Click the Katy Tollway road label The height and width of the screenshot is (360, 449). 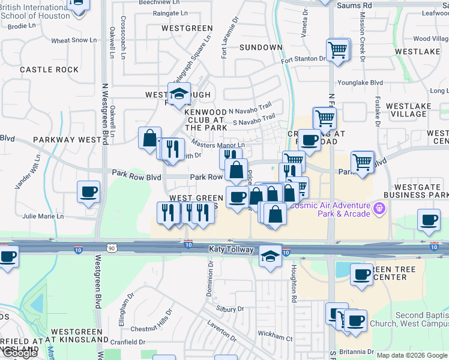[233, 248]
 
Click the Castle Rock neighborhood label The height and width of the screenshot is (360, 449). [49, 70]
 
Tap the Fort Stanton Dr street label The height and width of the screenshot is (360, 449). [303, 59]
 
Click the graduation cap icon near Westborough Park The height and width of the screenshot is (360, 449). [178, 94]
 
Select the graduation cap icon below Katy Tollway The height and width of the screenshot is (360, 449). [271, 257]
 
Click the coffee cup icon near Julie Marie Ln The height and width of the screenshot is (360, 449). [88, 192]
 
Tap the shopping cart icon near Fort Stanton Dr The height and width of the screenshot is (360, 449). [338, 49]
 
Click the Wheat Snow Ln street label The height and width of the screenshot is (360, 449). [74, 41]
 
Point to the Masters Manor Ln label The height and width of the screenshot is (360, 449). [218, 145]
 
